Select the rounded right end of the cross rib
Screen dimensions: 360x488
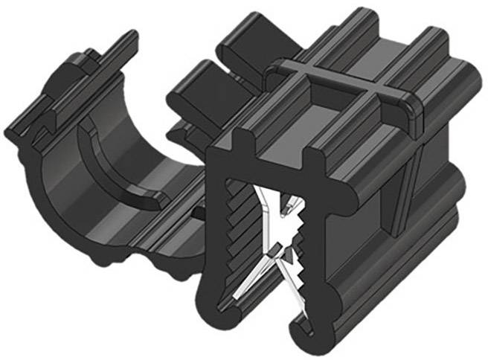tap(411, 110)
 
